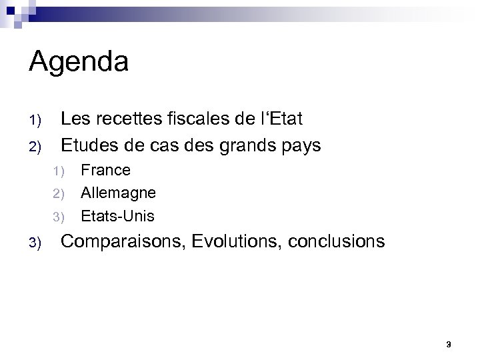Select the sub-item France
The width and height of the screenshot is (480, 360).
[x=105, y=171]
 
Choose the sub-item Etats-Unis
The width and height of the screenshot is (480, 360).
[x=117, y=216]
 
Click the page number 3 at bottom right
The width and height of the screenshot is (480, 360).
[x=449, y=344]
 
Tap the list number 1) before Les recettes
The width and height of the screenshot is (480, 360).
[x=35, y=121]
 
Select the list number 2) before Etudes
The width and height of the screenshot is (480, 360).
[x=35, y=145]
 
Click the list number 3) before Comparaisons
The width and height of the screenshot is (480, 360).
[x=35, y=242]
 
